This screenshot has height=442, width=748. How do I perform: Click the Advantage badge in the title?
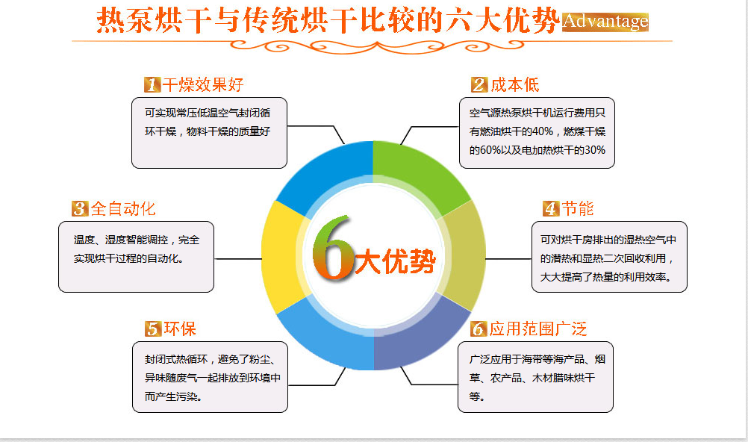[605, 21]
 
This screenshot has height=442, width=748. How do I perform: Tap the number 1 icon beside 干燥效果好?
[152, 84]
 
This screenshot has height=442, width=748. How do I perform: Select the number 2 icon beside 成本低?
[479, 84]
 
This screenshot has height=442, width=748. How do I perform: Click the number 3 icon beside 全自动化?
[80, 208]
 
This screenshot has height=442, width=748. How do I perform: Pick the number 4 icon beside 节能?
[550, 208]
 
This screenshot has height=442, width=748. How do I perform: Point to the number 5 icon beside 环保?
[153, 329]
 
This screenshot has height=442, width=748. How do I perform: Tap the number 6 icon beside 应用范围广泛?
[479, 329]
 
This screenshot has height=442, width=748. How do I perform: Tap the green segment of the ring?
[418, 172]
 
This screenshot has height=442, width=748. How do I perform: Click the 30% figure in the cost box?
[593, 150]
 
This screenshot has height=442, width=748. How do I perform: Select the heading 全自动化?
[124, 208]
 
